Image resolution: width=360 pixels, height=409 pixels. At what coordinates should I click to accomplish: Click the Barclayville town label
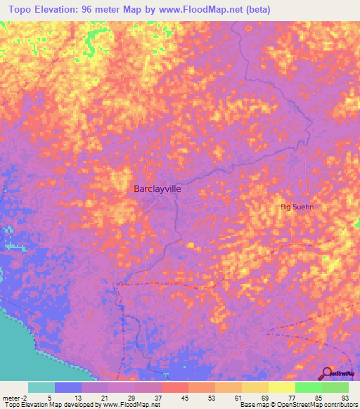[156, 188]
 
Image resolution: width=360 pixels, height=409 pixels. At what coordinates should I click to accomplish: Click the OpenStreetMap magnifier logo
[327, 374]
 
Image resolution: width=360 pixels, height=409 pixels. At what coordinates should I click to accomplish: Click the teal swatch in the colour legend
[41, 387]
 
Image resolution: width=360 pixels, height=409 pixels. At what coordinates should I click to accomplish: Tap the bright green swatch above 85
[309, 387]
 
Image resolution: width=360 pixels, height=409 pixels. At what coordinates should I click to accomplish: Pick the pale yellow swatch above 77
[282, 387]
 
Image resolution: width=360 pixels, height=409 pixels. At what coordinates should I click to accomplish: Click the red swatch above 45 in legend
[174, 387]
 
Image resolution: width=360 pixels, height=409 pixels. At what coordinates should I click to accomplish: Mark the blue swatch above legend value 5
[67, 387]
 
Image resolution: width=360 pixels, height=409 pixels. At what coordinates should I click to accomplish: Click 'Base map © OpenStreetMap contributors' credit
[298, 405]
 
